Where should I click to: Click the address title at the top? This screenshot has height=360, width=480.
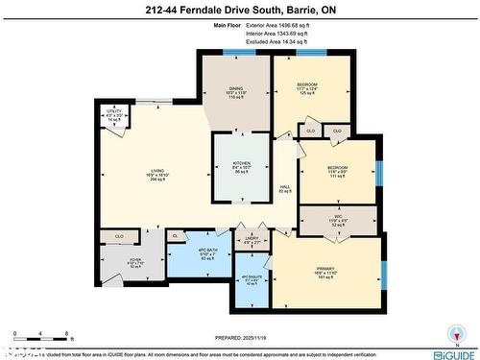point(240,10)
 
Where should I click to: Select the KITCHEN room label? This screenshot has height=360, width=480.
point(241,164)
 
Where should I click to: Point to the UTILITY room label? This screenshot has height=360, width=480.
point(113,111)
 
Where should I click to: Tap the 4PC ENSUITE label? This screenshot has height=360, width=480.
point(252,279)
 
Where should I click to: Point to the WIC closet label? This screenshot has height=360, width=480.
point(337,216)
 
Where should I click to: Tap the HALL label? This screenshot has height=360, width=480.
point(284,186)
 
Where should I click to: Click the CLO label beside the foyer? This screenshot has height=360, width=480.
point(119,234)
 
